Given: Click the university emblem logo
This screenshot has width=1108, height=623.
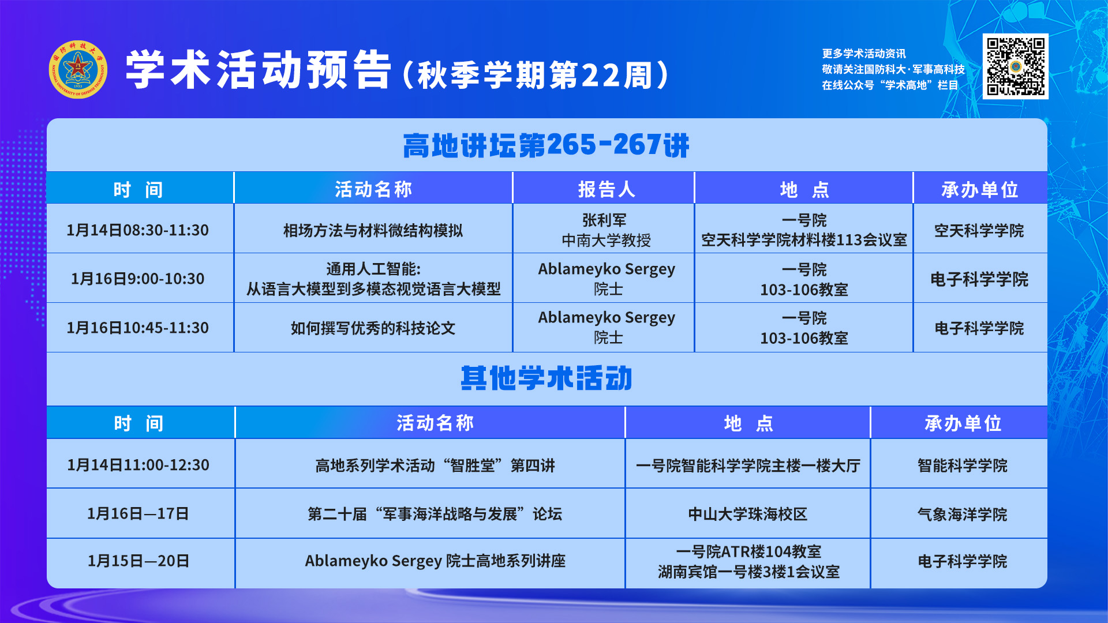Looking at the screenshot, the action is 78,69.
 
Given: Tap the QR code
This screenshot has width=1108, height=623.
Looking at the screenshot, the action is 1016,66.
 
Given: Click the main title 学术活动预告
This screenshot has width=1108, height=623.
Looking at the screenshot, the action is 259,70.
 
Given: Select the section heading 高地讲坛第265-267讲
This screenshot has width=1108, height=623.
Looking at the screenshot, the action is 546,145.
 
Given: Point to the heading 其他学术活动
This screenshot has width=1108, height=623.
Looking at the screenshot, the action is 546,378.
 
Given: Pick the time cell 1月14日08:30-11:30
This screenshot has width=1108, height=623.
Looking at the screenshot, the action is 137,230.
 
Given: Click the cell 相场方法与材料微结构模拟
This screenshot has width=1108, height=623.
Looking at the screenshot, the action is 373,231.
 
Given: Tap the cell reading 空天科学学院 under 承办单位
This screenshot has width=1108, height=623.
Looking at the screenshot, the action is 979,231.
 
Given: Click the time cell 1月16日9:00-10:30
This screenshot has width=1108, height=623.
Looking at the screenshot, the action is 137,279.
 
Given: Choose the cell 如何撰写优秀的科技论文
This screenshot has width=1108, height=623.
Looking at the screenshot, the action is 373,328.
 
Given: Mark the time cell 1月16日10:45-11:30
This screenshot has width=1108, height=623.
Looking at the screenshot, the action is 137,328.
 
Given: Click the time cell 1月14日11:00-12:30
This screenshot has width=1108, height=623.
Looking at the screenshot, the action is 138,465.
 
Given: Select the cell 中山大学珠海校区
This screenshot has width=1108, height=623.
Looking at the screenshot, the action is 748,514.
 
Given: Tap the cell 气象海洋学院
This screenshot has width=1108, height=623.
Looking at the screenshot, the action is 962,514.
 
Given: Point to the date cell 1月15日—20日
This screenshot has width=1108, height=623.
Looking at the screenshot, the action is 138,561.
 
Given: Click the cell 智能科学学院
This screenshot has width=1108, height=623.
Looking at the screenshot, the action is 962,466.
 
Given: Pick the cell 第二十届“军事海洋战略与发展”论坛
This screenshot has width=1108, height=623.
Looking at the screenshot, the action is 435,514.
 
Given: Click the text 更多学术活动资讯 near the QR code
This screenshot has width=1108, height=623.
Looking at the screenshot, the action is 864,54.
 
